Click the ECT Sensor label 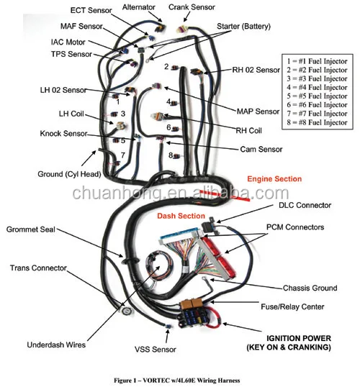pos(91,10)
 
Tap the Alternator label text pos(139,7)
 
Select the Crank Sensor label pos(192,7)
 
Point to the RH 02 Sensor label pos(256,70)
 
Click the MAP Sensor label pos(258,111)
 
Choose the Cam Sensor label pos(261,149)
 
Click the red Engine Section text pos(274,179)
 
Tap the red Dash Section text pos(181,216)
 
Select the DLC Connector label pos(305,205)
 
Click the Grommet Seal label pos(31,229)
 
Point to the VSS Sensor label pos(156,350)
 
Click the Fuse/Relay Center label pos(292,306)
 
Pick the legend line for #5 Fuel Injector pos(318,96)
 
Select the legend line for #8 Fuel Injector pos(318,122)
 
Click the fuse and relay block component pos(194,314)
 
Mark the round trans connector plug pos(126,311)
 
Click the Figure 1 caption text pos(176,381)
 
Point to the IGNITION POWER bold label pos(289,343)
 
